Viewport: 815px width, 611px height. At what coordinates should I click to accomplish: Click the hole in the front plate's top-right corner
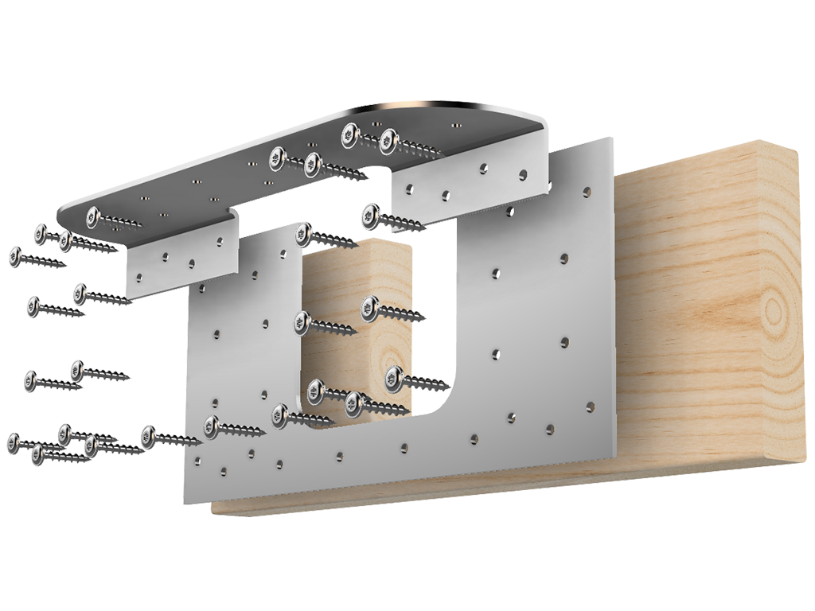coord(586,191)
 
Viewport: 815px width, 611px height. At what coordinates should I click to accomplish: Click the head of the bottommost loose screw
coord(38,453)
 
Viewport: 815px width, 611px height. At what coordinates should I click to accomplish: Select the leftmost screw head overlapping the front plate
coord(211,426)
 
